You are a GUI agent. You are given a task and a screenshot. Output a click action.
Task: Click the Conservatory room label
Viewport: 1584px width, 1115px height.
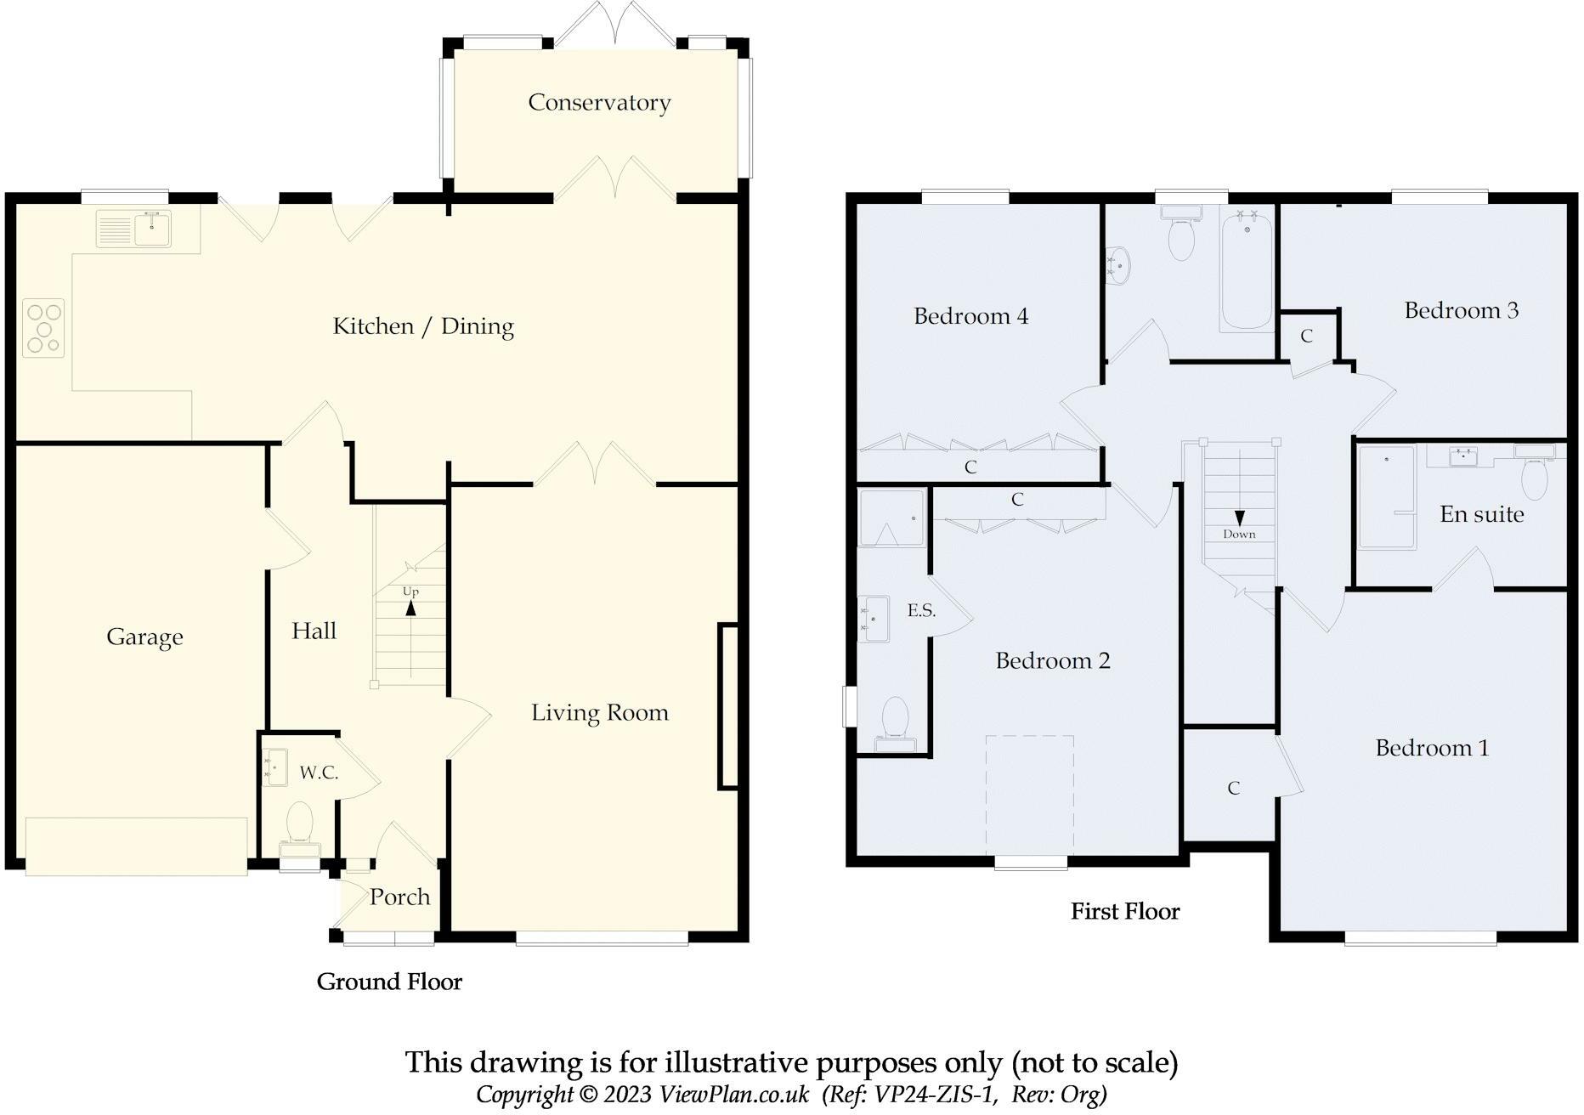pos(599,103)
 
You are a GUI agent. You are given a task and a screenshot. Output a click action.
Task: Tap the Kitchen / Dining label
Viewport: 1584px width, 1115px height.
pos(423,326)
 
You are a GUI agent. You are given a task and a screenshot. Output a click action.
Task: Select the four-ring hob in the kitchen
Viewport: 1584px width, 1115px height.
pos(43,327)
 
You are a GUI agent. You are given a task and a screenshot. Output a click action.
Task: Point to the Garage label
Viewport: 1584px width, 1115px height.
pos(144,637)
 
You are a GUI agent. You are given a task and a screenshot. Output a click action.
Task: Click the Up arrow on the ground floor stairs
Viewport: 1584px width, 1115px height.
pos(411,607)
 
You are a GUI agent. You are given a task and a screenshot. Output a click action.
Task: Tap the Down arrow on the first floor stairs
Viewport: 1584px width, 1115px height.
pos(1239,518)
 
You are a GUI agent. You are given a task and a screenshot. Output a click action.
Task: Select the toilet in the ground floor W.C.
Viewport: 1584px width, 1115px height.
pos(299,825)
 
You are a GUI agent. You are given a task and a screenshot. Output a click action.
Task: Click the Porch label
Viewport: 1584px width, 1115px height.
pos(399,897)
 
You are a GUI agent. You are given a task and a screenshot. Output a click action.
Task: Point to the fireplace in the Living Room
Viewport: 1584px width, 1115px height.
pos(728,706)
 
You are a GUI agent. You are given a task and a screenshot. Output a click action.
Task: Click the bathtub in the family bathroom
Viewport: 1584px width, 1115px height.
pos(1247,272)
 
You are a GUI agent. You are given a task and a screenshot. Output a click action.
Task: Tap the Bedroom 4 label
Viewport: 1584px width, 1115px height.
pos(970,316)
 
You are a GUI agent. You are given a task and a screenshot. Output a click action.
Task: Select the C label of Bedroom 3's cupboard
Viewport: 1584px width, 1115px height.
pos(1306,337)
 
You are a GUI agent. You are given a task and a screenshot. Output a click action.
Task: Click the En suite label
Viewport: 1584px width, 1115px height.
pos(1481,514)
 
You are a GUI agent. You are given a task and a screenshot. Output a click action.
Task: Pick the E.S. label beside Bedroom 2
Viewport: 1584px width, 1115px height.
pos(921,610)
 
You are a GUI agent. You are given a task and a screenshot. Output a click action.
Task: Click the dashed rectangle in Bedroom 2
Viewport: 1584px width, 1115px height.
pos(1029,795)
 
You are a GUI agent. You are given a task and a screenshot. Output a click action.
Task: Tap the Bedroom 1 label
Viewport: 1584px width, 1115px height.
pos(1432,748)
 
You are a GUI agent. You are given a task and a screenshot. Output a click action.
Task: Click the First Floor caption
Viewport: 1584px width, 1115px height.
pos(1125,912)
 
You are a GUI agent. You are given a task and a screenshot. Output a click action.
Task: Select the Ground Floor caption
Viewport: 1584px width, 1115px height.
pos(389,982)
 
